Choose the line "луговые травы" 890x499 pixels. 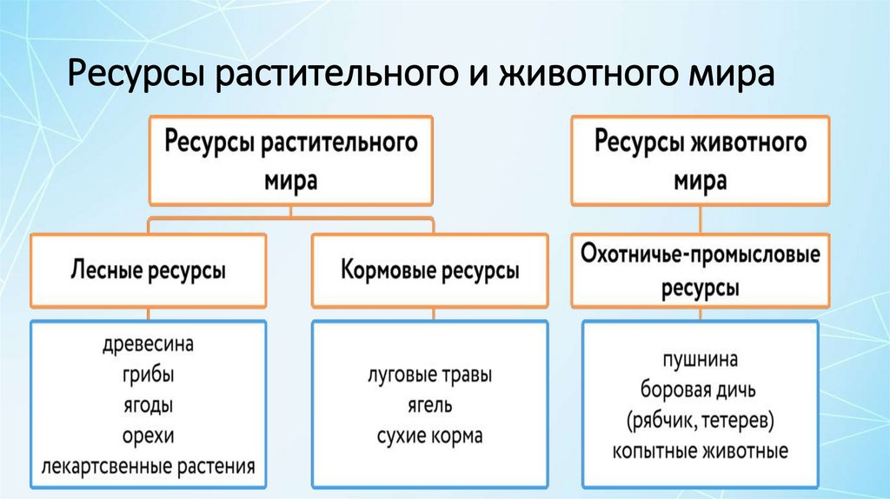coord(429,376)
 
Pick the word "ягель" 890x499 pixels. coord(429,406)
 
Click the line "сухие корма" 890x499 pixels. coord(429,436)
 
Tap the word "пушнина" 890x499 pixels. coord(699,358)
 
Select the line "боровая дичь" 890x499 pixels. coord(699,389)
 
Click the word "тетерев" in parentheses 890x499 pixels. coord(739,421)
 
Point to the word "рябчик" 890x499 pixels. coord(664,421)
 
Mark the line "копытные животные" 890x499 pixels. coord(699,451)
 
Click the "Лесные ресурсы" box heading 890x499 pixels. coord(147,270)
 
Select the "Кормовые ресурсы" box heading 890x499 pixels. coord(430,270)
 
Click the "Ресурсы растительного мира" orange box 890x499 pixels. coord(290,160)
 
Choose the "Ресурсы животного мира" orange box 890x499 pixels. coord(699,160)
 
